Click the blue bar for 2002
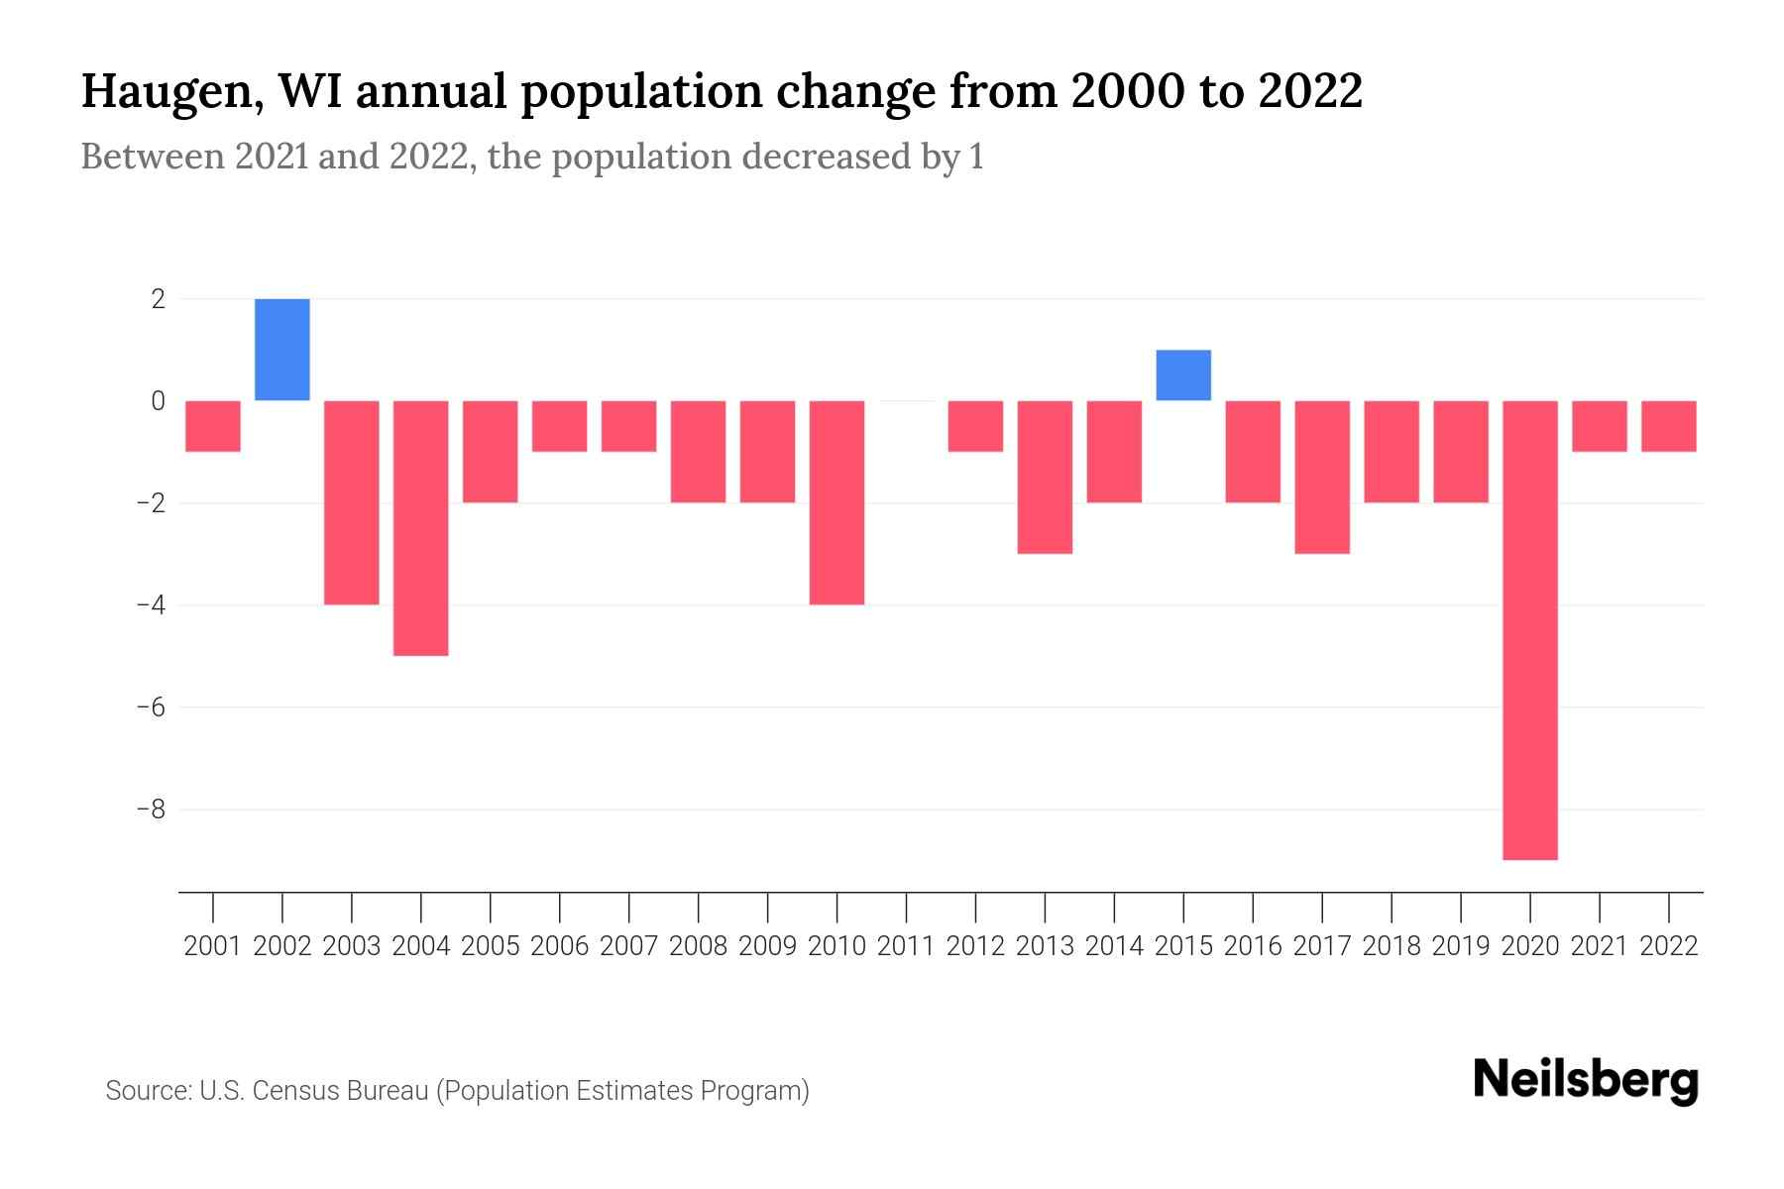click(x=282, y=350)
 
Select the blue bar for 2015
click(x=1183, y=376)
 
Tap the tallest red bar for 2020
click(x=1530, y=630)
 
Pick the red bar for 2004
click(x=421, y=528)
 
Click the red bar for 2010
click(x=836, y=502)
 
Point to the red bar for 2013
click(x=1045, y=477)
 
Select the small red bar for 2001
click(x=213, y=426)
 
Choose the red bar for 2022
click(x=1669, y=426)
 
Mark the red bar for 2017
click(x=1322, y=477)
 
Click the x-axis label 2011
click(x=906, y=946)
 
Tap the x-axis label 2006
click(x=560, y=946)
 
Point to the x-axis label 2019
click(x=1461, y=946)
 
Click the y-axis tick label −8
click(x=151, y=810)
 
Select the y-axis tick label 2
click(x=158, y=298)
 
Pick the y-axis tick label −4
click(x=151, y=605)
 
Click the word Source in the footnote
click(x=148, y=1091)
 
